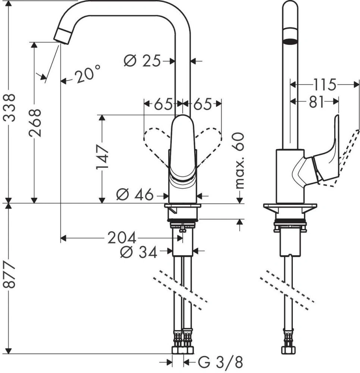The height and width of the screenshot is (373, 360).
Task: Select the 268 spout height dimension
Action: (35, 123)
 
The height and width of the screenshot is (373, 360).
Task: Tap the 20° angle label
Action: (87, 75)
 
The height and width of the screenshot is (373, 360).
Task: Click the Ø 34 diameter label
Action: (138, 252)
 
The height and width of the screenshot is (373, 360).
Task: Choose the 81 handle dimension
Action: (316, 102)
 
